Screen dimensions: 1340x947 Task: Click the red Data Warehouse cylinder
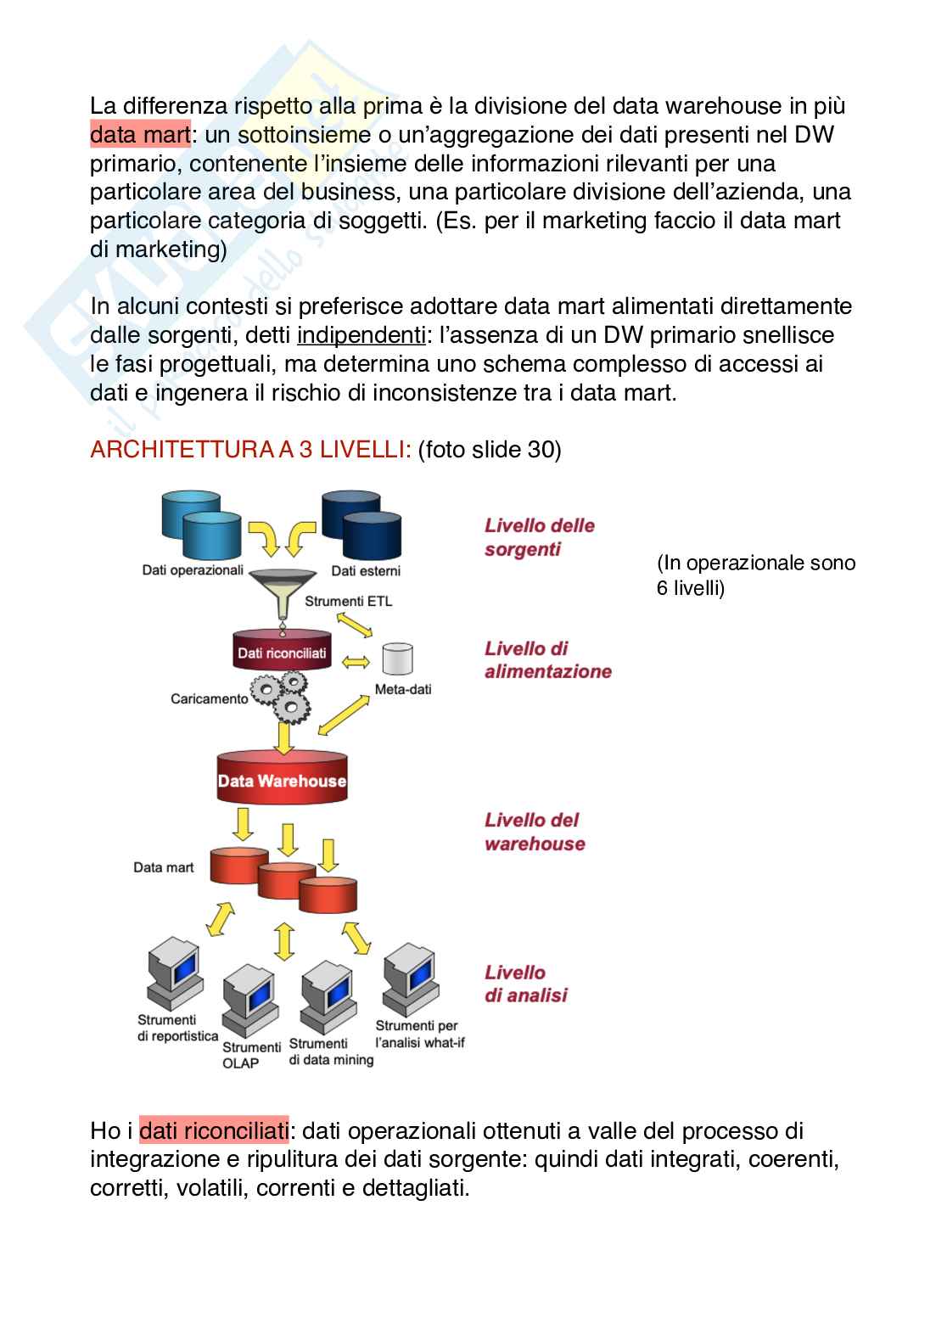pos(282,778)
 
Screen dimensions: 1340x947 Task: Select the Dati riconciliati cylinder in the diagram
pos(282,652)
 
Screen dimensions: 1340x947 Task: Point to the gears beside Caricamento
pos(282,692)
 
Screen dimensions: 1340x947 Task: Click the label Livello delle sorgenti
pos(539,537)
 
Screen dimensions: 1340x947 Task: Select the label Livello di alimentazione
pos(547,660)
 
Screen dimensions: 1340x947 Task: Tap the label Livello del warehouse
pos(535,832)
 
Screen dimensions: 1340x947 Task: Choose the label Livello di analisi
pos(525,984)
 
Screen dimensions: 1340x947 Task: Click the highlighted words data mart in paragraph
pos(140,134)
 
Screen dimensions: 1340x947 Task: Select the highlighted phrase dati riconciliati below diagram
pos(213,1130)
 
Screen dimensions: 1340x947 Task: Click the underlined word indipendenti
pos(361,335)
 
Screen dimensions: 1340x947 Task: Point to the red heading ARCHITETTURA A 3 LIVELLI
pos(250,449)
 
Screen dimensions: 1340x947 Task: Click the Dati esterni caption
pos(366,570)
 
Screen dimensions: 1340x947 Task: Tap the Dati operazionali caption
pos(193,570)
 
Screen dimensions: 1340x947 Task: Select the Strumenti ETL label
pos(348,601)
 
